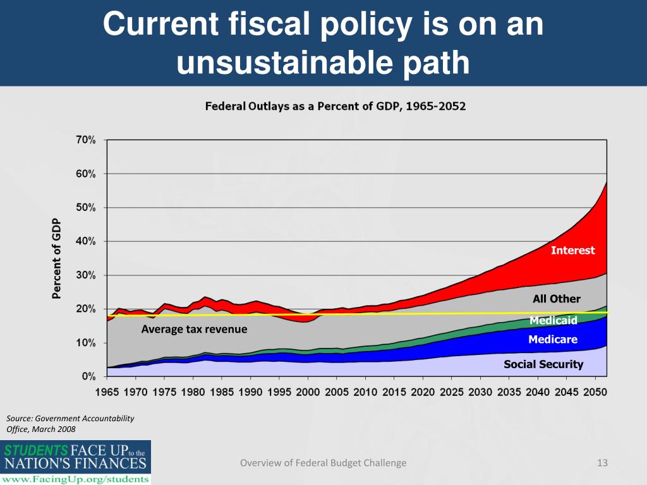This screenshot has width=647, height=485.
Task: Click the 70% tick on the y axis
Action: (x=86, y=140)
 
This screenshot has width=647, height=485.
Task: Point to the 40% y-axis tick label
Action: (x=86, y=241)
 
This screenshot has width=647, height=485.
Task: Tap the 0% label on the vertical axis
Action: (x=88, y=376)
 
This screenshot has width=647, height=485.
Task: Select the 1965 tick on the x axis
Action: (x=107, y=392)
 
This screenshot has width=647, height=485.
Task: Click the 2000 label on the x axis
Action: (x=308, y=392)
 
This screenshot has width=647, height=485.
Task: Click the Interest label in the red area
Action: (x=572, y=251)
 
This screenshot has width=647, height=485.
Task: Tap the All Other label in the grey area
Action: (x=556, y=299)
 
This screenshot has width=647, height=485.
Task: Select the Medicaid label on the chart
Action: (x=553, y=321)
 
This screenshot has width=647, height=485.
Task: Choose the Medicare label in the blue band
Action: (x=553, y=340)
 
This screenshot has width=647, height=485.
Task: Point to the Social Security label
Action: (x=543, y=364)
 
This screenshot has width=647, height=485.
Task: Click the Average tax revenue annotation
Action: (x=194, y=329)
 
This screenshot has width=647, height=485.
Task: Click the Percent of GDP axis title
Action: (x=56, y=258)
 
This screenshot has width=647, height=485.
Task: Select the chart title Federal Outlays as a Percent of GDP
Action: (x=335, y=107)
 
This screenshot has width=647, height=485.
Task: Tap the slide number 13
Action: (x=602, y=464)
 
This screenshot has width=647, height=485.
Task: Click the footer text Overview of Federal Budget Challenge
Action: (x=323, y=464)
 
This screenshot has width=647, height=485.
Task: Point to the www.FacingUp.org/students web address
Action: (x=77, y=479)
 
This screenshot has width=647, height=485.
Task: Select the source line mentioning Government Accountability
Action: (x=70, y=418)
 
